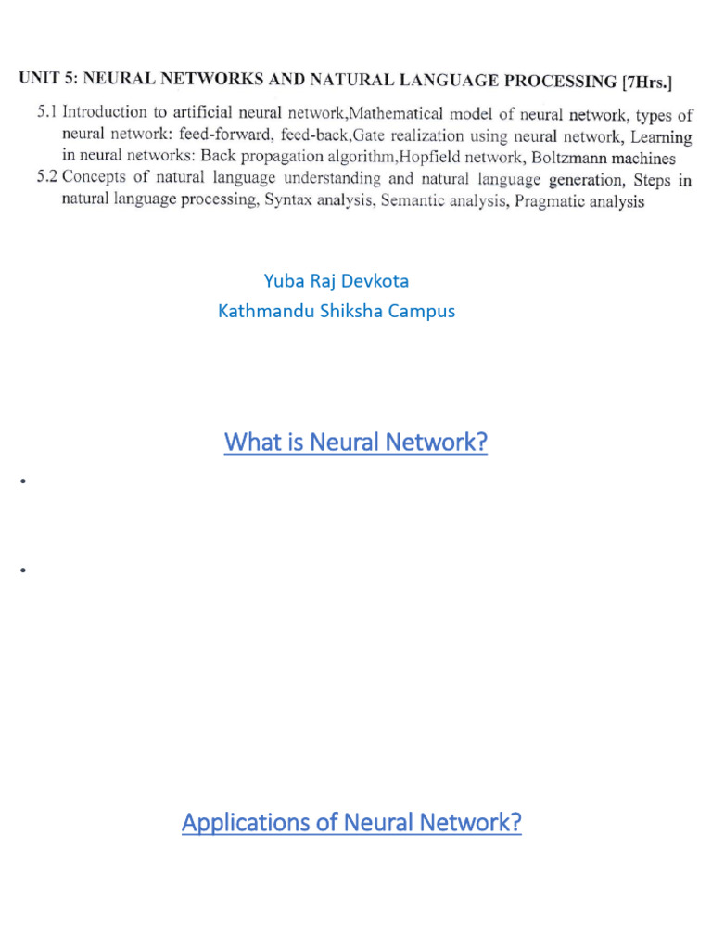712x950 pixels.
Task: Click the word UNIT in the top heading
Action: (38, 77)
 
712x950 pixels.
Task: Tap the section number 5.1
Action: (46, 112)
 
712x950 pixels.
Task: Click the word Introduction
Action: (104, 112)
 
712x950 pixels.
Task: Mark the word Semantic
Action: (413, 200)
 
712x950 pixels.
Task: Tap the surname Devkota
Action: (375, 280)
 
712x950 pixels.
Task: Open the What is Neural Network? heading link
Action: (355, 443)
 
